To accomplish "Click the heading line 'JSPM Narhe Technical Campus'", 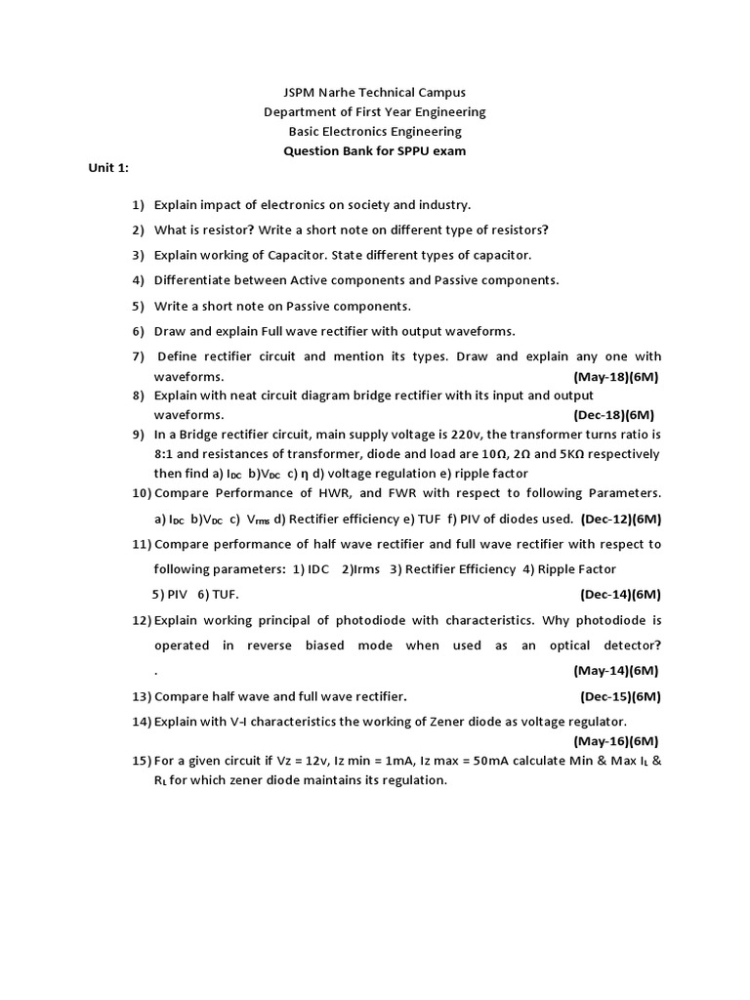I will coord(374,93).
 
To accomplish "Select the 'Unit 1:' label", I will coord(108,168).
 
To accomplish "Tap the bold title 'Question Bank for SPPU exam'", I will coord(374,151).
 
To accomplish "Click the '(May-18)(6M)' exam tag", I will coord(615,376).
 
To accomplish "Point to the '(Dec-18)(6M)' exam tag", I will coord(613,414).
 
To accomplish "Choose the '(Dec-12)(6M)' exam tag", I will coord(621,519).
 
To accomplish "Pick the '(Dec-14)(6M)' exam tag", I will coord(620,594).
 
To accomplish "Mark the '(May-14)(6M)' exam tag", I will coord(615,670).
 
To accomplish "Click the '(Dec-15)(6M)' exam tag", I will coord(620,696).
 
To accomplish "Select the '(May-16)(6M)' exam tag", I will coord(615,741).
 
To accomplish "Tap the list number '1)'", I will coord(138,205).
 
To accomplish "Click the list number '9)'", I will coord(138,435).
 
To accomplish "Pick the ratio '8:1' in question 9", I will coord(165,454).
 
